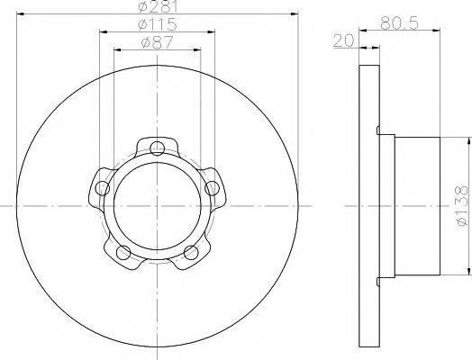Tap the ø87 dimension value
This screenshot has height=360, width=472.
pos(157,42)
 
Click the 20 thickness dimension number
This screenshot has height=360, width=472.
pos(341,40)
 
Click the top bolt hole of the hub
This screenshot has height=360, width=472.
pos(158,148)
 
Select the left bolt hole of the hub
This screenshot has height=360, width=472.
pos(103,187)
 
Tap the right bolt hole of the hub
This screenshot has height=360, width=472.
pos(213,187)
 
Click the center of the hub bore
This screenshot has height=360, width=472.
pos(158,206)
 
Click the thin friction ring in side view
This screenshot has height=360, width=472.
pos(369,205)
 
